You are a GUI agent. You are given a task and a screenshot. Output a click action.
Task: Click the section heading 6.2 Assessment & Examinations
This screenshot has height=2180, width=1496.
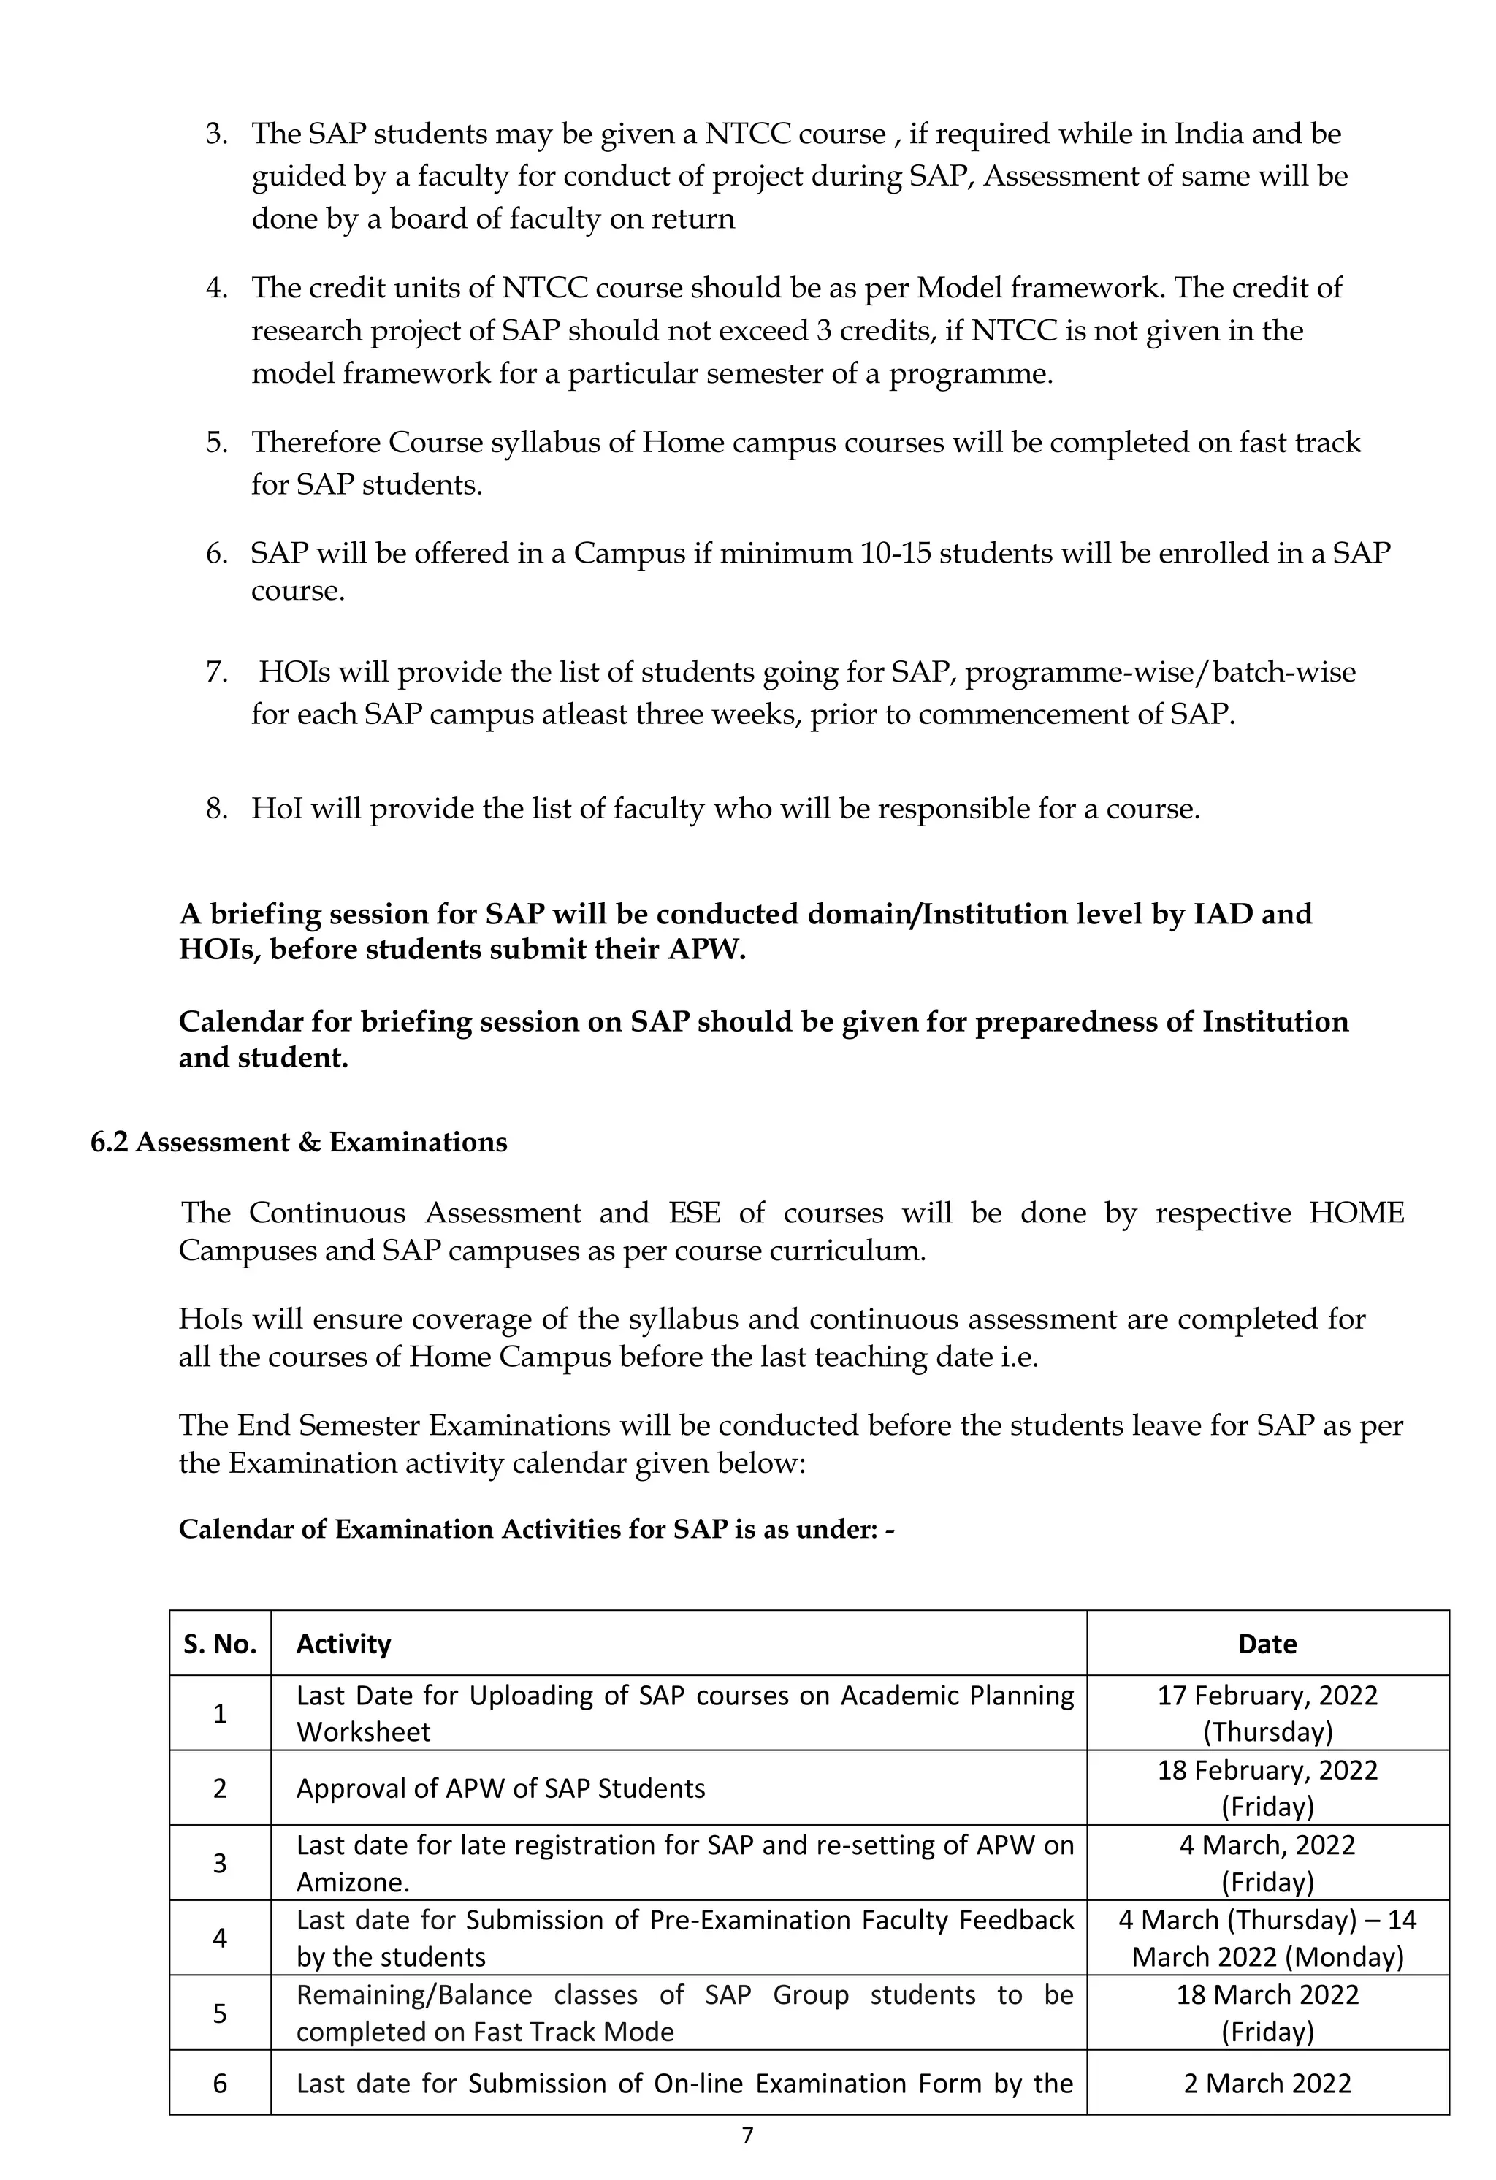(x=298, y=1142)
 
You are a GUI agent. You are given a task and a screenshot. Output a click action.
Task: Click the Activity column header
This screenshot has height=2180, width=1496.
(x=343, y=1644)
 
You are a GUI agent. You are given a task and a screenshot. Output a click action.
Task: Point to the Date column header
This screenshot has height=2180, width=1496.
(x=1267, y=1644)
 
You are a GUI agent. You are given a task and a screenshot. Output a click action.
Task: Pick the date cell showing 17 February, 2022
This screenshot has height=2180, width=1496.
(x=1267, y=1713)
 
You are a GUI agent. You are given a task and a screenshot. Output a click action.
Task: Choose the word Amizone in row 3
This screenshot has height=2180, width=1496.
(x=340, y=1883)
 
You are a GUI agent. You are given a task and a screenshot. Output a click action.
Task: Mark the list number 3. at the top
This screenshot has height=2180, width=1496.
(x=217, y=134)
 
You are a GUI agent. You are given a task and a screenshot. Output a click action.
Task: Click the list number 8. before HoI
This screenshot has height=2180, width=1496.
(x=217, y=809)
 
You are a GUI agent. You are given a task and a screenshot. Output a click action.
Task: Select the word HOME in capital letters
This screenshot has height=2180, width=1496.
(x=1356, y=1213)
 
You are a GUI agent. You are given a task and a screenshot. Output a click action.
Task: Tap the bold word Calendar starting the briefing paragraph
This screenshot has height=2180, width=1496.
(x=241, y=1021)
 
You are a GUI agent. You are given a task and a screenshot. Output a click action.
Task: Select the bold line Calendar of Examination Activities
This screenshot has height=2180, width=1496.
(x=536, y=1530)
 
